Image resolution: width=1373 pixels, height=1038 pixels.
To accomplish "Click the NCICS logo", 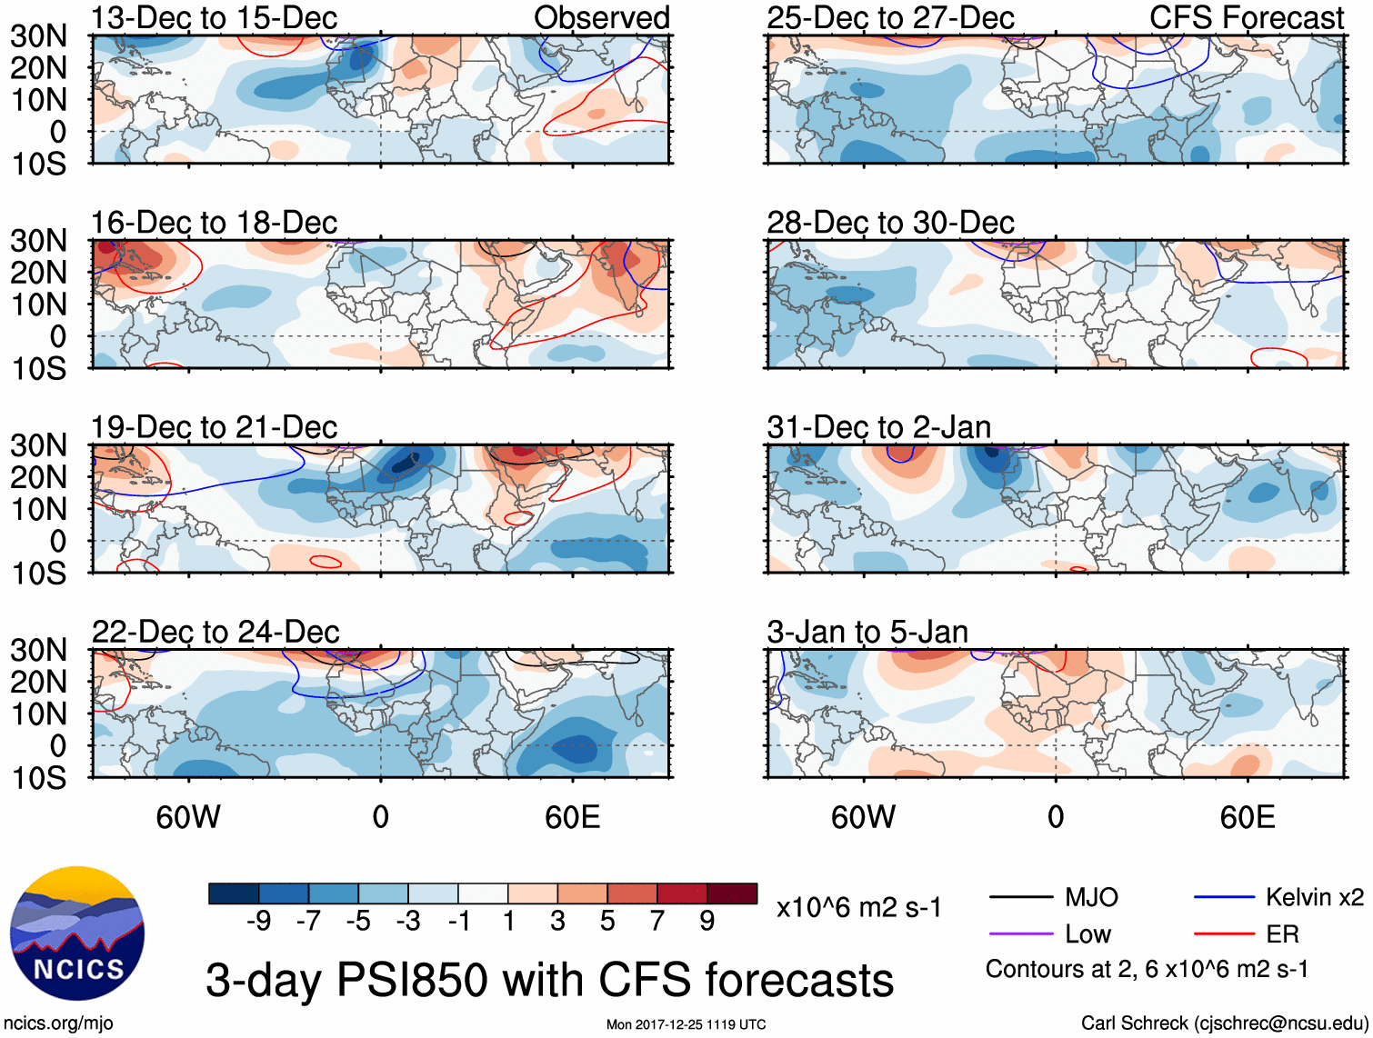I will (77, 933).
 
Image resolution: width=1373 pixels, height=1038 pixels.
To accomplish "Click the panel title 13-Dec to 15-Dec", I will (214, 17).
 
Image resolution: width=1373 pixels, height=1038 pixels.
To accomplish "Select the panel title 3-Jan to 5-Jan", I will (867, 632).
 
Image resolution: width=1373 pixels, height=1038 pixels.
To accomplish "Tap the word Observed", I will (602, 17).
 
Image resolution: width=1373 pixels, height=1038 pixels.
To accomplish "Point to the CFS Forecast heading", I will (1247, 17).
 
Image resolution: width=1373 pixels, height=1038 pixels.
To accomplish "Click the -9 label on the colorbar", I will (258, 922).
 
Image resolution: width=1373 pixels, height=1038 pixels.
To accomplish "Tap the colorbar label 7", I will (657, 922).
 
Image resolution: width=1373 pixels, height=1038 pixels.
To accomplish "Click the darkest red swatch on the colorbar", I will (732, 893).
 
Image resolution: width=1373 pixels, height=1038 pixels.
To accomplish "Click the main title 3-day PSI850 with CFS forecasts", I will (549, 981).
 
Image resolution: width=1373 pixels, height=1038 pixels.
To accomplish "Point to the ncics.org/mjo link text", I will (59, 1023).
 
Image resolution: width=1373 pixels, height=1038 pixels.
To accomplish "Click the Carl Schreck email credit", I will (1224, 1023).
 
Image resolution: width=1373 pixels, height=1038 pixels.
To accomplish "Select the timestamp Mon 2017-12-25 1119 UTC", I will (686, 1024).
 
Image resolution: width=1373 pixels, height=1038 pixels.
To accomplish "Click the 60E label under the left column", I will (572, 817).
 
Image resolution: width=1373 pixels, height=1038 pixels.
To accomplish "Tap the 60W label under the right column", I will (863, 817).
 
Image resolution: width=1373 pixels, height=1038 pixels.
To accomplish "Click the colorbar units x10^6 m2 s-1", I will (859, 908).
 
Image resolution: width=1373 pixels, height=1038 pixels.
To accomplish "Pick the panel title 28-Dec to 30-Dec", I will (890, 223).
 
